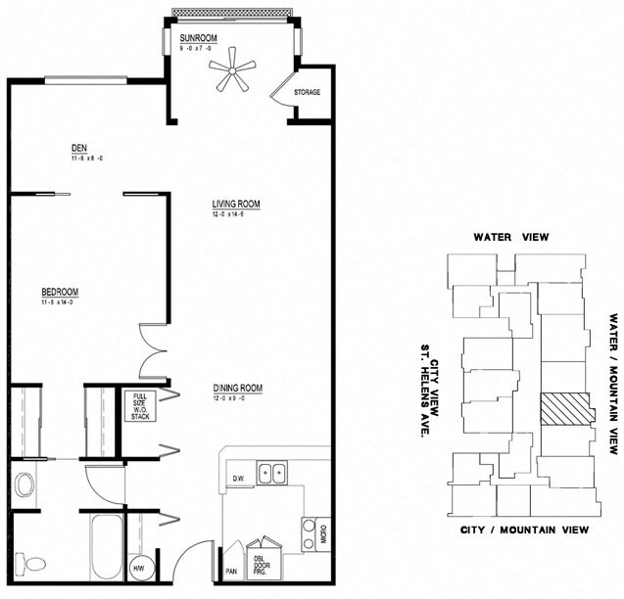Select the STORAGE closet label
[307, 93]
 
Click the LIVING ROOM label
[236, 204]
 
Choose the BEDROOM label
[59, 292]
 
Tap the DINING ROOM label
[237, 389]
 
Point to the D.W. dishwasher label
[238, 479]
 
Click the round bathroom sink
[25, 484]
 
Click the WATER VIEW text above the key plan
[509, 237]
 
